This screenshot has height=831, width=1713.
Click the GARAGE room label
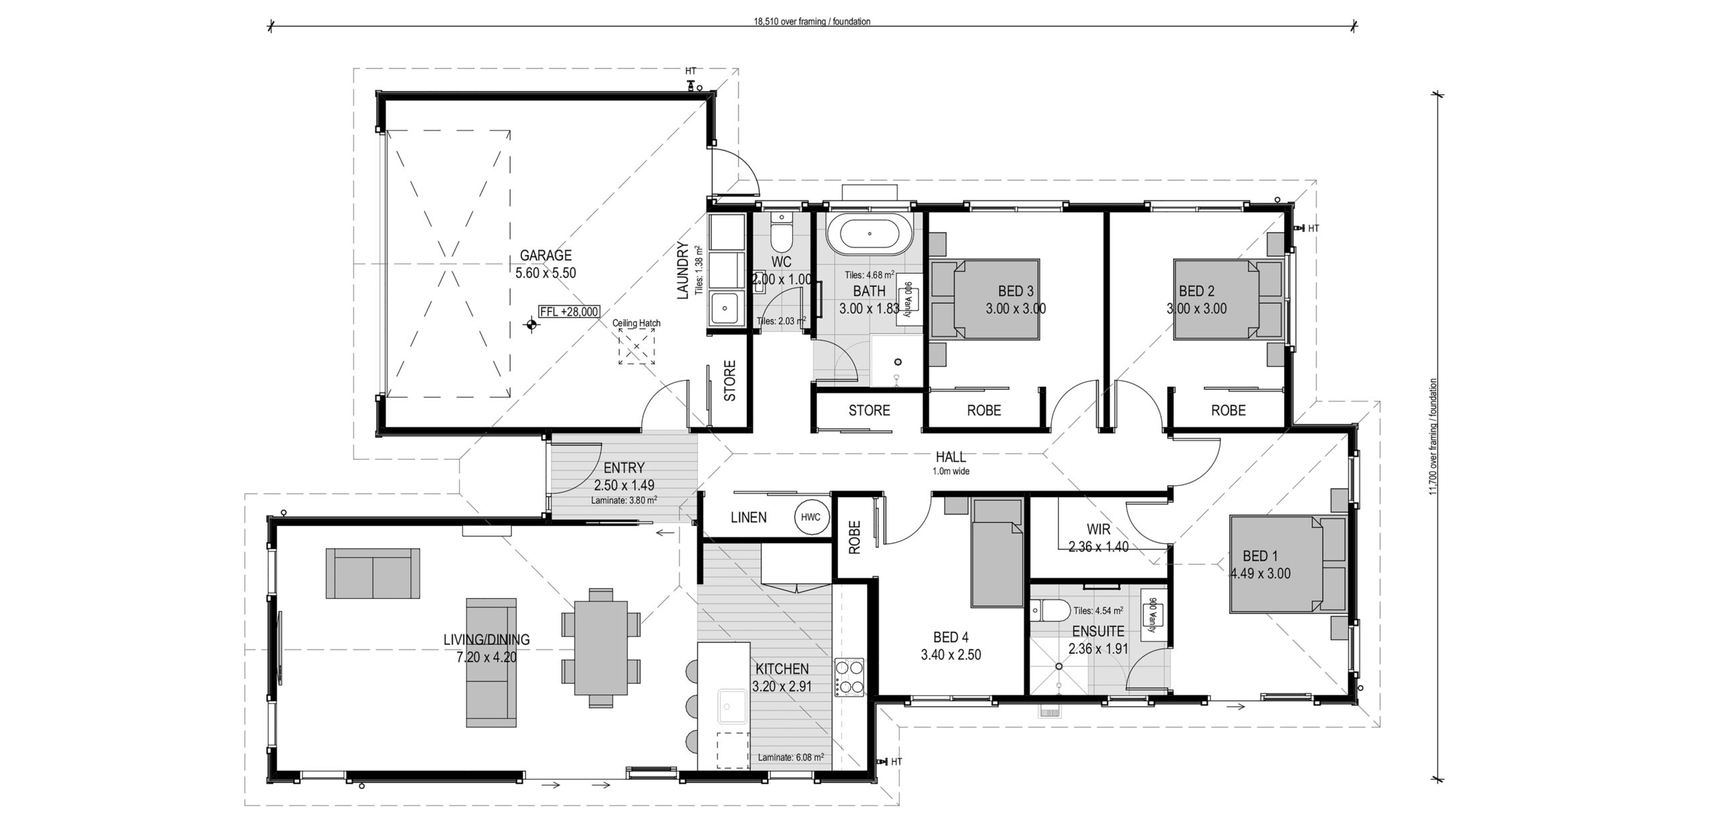546,255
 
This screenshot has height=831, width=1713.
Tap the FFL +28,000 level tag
569,312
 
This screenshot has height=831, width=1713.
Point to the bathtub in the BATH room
869,234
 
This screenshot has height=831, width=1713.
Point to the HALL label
950,457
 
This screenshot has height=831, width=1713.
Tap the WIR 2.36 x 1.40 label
1099,538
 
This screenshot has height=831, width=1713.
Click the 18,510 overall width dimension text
812,21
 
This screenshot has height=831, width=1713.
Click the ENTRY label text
624,468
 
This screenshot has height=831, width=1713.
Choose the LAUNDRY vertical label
683,270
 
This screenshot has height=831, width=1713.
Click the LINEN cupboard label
749,517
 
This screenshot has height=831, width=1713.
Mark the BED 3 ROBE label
984,410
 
